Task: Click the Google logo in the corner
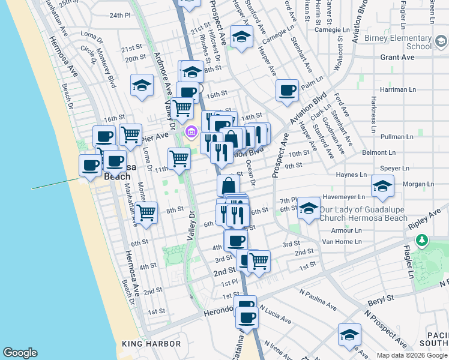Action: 20,352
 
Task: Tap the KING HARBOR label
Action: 151,344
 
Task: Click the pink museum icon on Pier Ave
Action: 191,132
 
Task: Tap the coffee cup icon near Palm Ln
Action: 288,91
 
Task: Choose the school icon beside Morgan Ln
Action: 382,185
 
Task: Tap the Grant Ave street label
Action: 397,58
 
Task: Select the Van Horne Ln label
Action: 342,242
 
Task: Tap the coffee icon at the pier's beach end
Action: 91,165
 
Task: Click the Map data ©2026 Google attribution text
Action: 411,355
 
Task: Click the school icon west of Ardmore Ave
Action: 142,86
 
